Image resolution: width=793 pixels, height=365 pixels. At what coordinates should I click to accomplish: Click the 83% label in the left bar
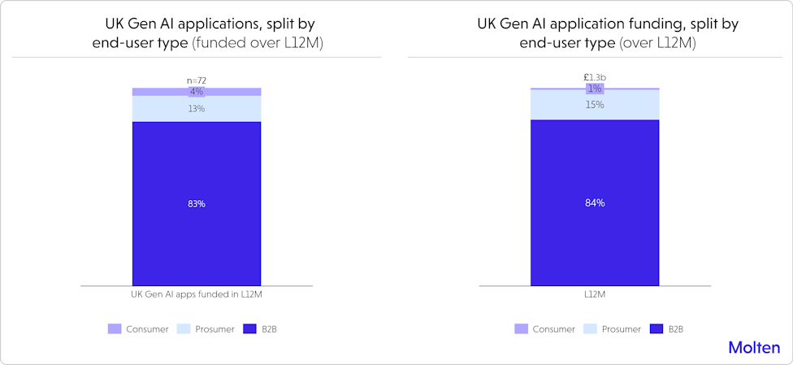pos(196,203)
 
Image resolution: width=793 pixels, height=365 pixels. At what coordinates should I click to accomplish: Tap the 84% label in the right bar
pos(595,202)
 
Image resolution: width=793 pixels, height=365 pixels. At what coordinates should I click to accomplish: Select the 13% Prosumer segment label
pos(196,108)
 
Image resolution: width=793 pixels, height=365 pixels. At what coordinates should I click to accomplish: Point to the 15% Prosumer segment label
pos(595,105)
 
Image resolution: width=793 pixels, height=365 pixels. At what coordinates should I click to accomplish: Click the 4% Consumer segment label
pos(196,92)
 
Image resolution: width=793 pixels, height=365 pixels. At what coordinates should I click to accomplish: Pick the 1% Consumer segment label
pos(595,88)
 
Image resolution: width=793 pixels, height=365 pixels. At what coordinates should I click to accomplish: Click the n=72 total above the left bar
pos(196,80)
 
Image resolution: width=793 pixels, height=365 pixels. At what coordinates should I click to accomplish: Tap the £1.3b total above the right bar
pos(595,78)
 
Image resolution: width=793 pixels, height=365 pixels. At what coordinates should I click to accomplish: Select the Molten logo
pos(754,347)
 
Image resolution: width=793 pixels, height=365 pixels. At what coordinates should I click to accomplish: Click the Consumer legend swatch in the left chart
pos(115,329)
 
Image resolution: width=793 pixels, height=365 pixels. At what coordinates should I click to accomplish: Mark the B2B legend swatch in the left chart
pos(249,329)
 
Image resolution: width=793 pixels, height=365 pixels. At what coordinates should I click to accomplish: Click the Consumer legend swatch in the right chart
pos(520,329)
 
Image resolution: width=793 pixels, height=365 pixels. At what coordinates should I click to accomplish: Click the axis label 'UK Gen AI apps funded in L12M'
pos(197,294)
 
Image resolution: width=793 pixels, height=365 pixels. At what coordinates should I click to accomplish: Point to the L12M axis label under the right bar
pos(595,294)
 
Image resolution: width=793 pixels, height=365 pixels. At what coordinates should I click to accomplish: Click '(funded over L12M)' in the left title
pos(258,43)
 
